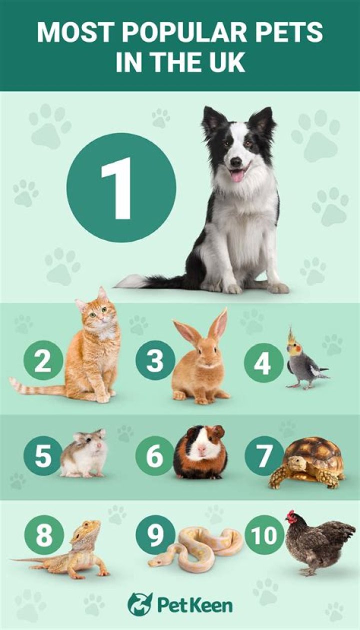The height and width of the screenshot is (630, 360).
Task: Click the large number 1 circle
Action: click(x=121, y=188)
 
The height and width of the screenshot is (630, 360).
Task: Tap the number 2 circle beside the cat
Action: click(x=43, y=360)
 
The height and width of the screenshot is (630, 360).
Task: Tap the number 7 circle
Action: click(x=263, y=456)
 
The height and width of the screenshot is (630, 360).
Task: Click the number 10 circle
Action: click(x=264, y=535)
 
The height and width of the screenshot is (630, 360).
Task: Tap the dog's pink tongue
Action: click(x=236, y=176)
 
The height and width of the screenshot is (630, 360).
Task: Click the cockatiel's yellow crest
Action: click(x=290, y=336)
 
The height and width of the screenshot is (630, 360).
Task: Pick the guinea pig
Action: click(x=200, y=453)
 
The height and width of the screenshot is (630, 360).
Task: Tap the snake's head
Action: click(x=156, y=562)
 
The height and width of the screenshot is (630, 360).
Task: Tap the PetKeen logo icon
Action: click(x=140, y=604)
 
